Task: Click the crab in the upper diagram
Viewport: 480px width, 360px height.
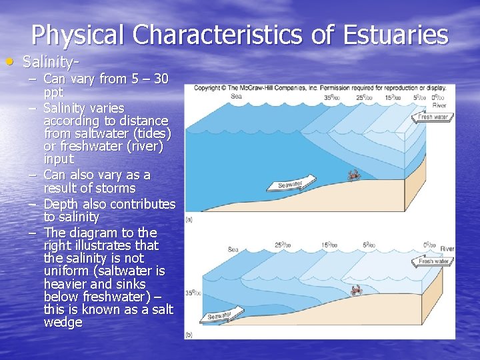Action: [353, 175]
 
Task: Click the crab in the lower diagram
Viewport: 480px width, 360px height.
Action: [356, 290]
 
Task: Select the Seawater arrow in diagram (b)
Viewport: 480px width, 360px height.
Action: [219, 317]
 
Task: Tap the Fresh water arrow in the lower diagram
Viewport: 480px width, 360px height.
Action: [433, 261]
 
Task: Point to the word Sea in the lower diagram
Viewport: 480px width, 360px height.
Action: [233, 249]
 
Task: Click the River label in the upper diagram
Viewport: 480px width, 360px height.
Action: [439, 105]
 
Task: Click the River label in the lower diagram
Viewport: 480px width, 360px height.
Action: [447, 249]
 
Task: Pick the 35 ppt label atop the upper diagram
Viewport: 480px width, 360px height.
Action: [330, 97]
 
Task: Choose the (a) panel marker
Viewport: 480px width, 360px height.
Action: [190, 218]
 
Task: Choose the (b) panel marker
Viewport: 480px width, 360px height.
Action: [190, 334]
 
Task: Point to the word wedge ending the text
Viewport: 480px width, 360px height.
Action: [63, 323]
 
